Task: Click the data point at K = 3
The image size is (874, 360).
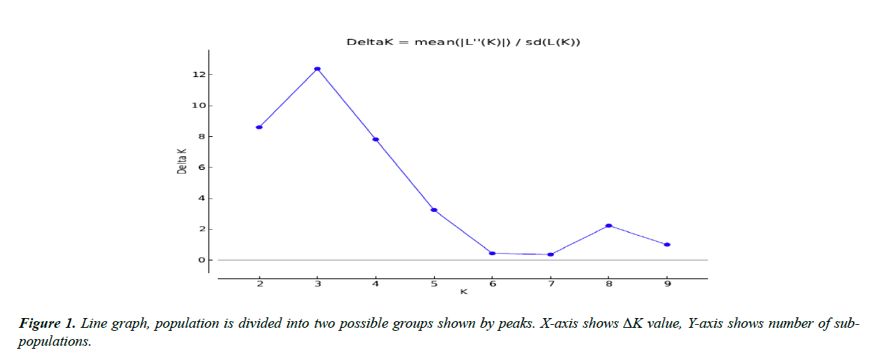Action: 317,69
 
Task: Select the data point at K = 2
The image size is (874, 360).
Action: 259,127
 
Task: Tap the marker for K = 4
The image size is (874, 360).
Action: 376,139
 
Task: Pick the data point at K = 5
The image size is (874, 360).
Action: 434,210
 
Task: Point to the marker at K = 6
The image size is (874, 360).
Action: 492,253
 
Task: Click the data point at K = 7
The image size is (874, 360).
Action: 551,254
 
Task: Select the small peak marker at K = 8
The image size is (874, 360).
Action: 608,225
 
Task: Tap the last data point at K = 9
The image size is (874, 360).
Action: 667,245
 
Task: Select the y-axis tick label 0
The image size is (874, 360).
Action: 201,260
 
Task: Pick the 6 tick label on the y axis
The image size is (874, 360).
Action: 201,167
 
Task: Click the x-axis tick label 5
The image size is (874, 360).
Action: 434,283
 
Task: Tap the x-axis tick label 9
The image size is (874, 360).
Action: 667,283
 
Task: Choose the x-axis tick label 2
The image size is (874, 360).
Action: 259,283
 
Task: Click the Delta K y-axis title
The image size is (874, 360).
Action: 182,160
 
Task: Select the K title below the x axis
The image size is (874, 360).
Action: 463,292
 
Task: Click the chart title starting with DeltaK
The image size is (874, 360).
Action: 463,42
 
